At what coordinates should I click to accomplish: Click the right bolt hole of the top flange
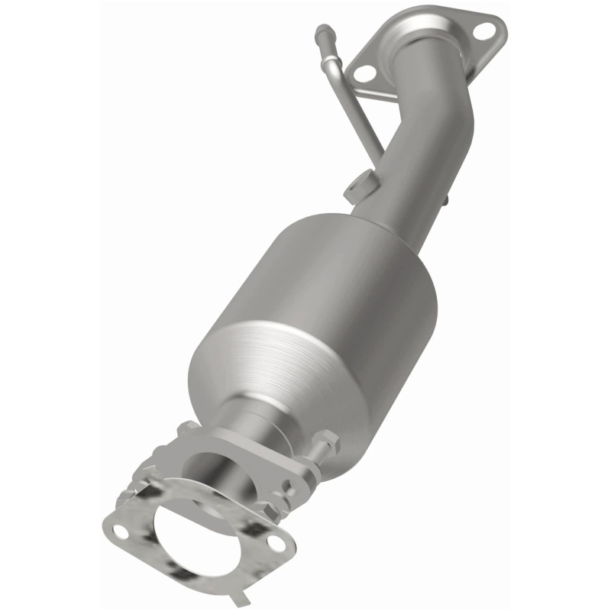[483, 31]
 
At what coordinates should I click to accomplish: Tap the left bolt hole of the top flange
[365, 73]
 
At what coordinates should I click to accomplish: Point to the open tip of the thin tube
[322, 31]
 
